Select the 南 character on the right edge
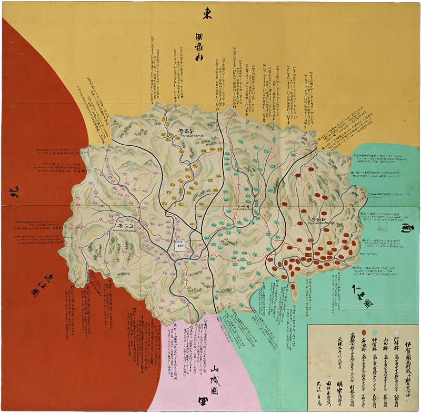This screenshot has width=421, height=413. (x=408, y=229)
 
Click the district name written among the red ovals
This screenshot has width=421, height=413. (x=318, y=217)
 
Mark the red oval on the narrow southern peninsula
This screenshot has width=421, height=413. (x=293, y=288)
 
